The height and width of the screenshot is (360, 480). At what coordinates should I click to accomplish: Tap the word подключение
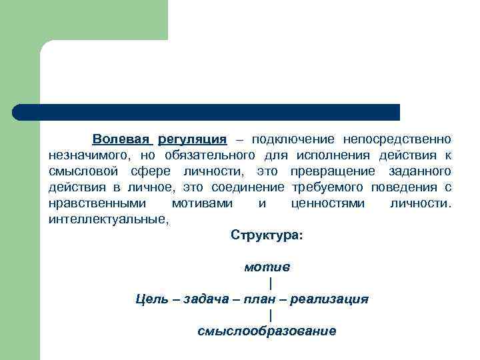291,139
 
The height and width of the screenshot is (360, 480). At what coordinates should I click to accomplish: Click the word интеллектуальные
108,219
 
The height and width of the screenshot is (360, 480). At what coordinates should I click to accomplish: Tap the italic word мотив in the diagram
267,267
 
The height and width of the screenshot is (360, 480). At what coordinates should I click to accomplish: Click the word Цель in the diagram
151,299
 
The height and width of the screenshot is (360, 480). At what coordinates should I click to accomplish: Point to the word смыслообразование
267,331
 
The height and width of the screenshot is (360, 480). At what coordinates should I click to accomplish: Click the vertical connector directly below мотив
270,283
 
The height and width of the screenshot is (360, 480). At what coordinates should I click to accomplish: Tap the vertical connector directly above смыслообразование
270,315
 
